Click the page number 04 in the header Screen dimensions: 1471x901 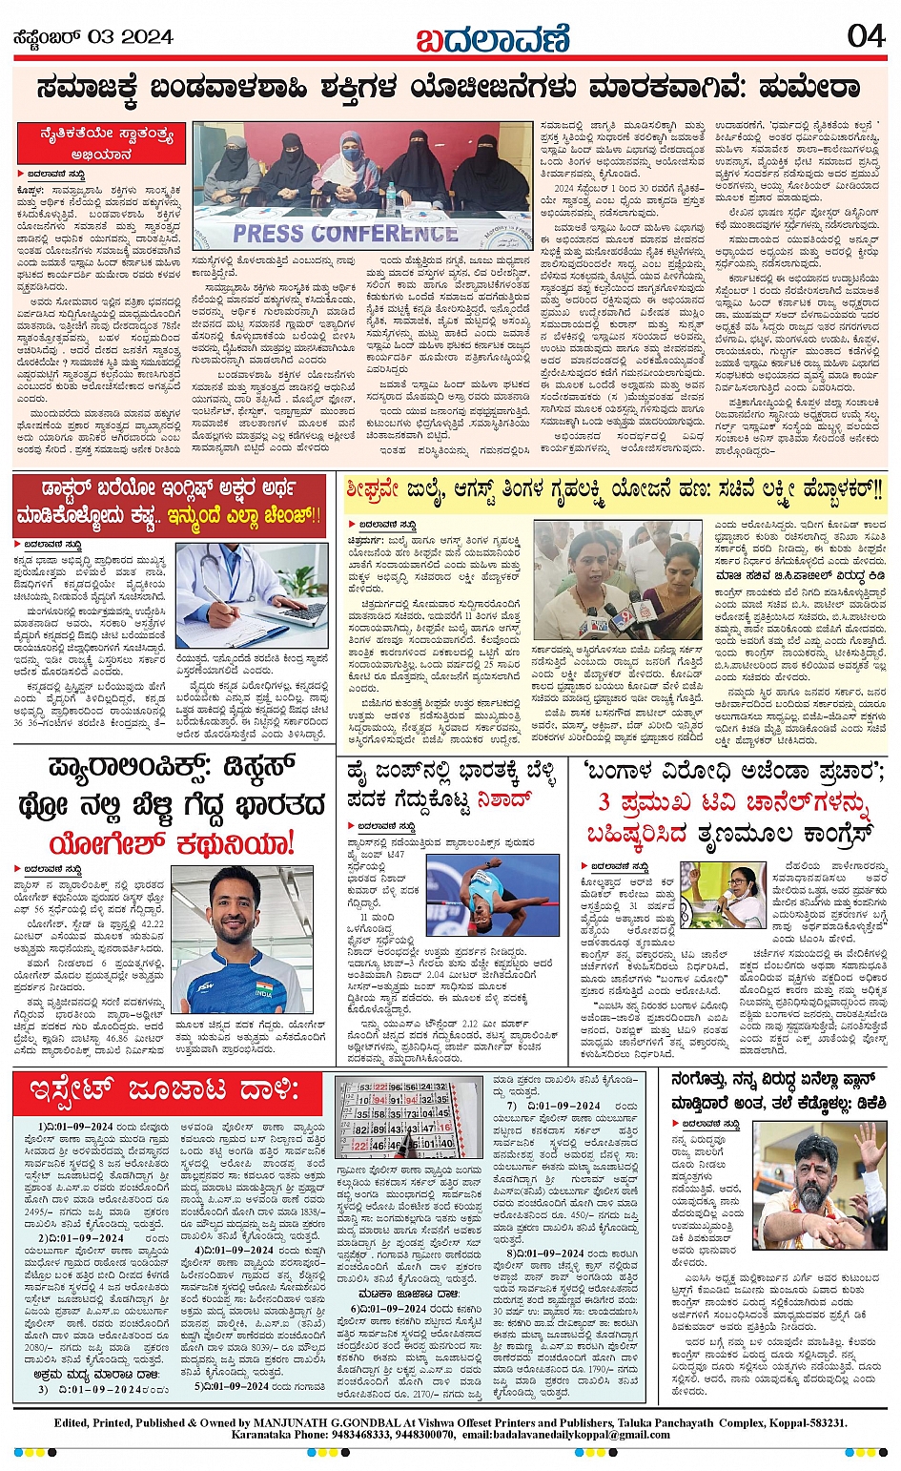click(866, 36)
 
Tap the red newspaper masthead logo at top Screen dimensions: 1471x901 click(492, 38)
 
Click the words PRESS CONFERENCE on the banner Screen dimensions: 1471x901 click(345, 233)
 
